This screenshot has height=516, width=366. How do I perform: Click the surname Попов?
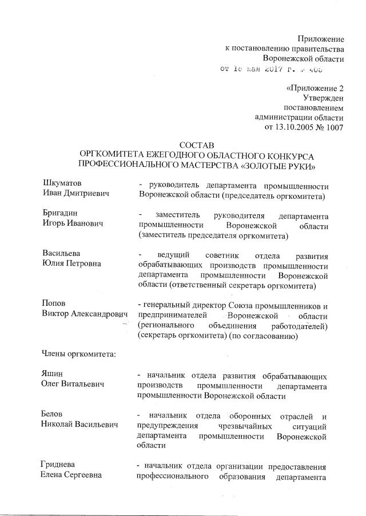[55, 304]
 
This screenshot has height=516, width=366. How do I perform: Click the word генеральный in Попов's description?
[170, 304]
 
